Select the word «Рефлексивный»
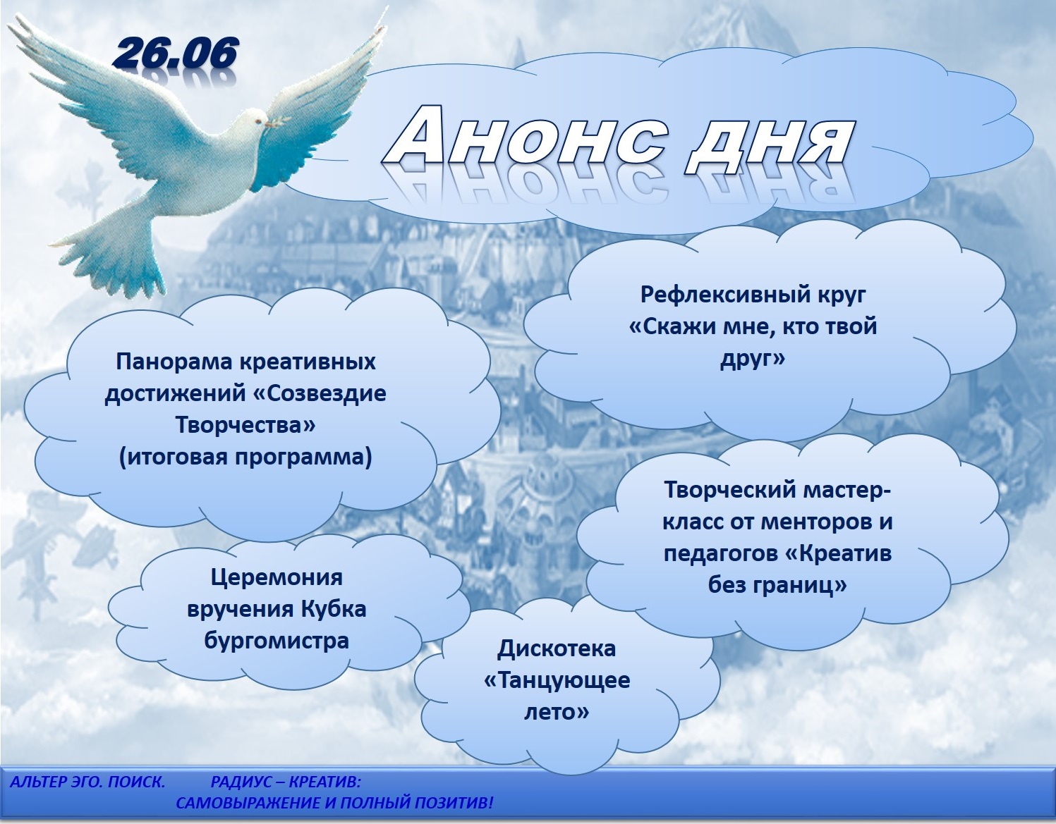715,295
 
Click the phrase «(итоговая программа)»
245,457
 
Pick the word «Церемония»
277,578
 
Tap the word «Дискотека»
557,648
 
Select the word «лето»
557,713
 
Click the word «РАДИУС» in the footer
245,782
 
